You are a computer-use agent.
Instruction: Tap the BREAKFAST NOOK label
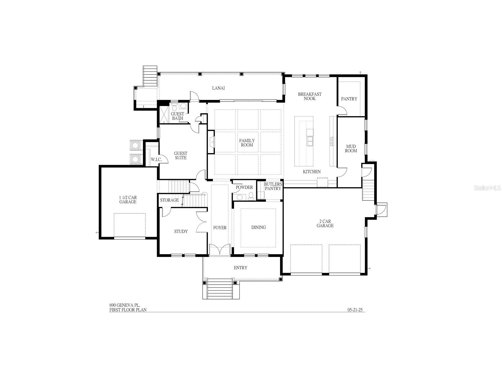[309, 96]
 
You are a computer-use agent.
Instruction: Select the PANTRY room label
[349, 99]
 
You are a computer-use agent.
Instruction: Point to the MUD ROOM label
[351, 149]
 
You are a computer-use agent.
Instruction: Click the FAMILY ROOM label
[247, 143]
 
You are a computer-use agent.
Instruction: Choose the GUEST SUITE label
[180, 155]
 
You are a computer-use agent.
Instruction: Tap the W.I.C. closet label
[156, 160]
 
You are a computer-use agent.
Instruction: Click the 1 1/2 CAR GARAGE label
[128, 200]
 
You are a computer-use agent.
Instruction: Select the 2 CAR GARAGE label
[325, 223]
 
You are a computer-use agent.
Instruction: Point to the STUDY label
[181, 231]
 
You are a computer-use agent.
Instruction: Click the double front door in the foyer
[220, 249]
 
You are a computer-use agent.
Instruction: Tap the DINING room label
[258, 227]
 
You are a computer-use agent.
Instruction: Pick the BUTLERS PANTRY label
[273, 186]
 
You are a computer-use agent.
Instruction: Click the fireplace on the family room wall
[211, 142]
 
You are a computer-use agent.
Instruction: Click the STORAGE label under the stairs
[169, 200]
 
